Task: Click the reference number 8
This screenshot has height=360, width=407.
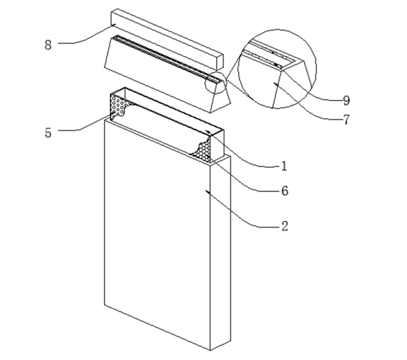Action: [48, 45]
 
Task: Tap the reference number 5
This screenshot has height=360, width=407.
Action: [48, 133]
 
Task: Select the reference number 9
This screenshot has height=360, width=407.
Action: [346, 101]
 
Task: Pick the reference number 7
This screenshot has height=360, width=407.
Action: [346, 120]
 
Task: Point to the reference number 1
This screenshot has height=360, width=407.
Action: [284, 166]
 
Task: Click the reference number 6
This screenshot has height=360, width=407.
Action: [285, 191]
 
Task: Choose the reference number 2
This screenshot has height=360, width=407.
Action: [285, 226]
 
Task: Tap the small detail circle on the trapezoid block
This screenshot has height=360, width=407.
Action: [216, 83]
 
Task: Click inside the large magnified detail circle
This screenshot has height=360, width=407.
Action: [277, 69]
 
